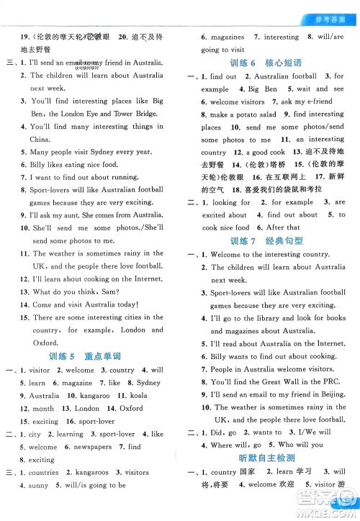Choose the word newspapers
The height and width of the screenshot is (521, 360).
tap(91, 446)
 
